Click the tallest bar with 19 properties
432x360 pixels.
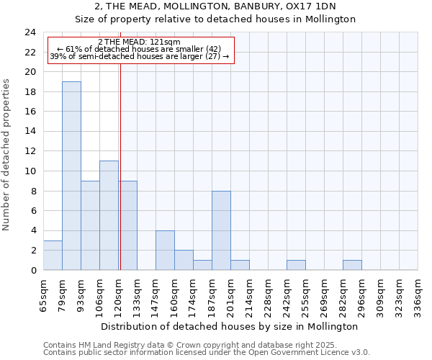point(71,176)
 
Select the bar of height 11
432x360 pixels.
point(109,215)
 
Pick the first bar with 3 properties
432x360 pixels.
point(53,255)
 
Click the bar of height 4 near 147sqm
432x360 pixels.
point(165,250)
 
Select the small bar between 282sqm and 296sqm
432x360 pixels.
point(352,265)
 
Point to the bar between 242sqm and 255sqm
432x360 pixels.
point(296,265)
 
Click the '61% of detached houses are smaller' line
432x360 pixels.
point(140,49)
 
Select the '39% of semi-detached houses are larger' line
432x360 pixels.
point(140,56)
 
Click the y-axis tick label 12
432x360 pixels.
point(30,151)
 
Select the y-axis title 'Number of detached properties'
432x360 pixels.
point(7,156)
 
